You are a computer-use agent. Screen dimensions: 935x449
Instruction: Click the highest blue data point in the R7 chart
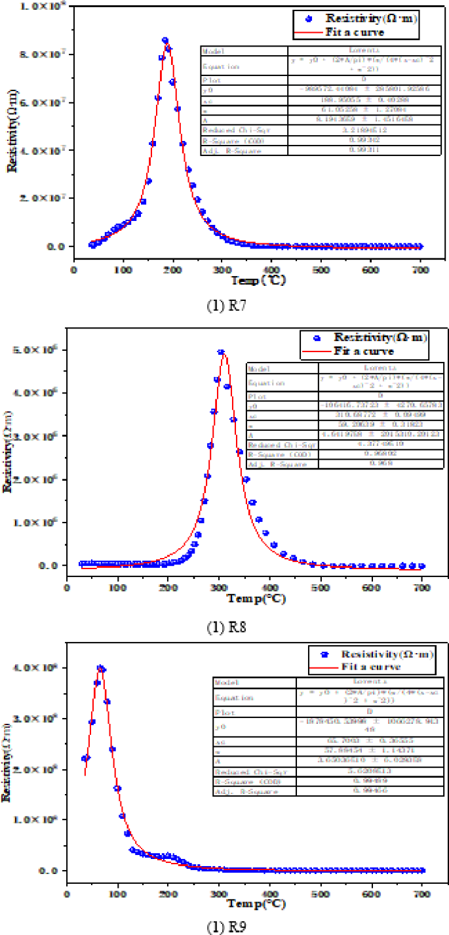click(165, 41)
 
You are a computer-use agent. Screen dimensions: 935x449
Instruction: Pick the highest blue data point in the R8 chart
click(222, 352)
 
